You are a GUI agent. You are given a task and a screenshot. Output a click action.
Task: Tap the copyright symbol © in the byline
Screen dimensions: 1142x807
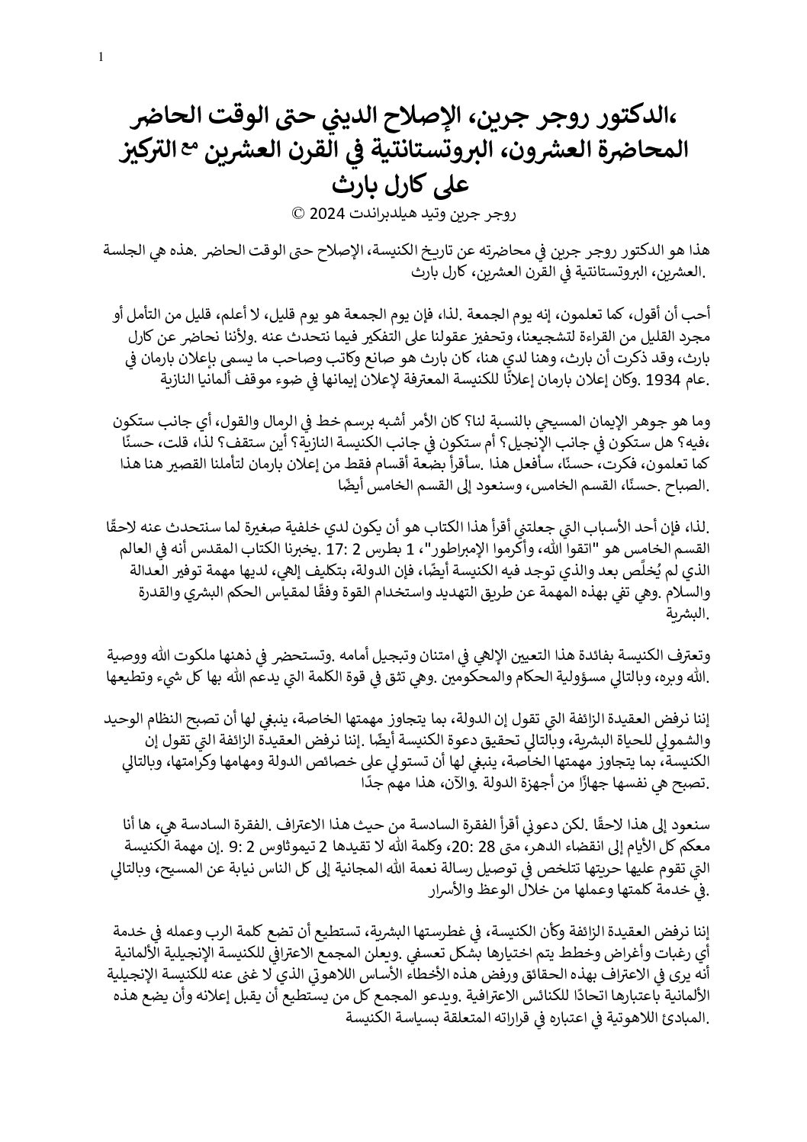[297, 214]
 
